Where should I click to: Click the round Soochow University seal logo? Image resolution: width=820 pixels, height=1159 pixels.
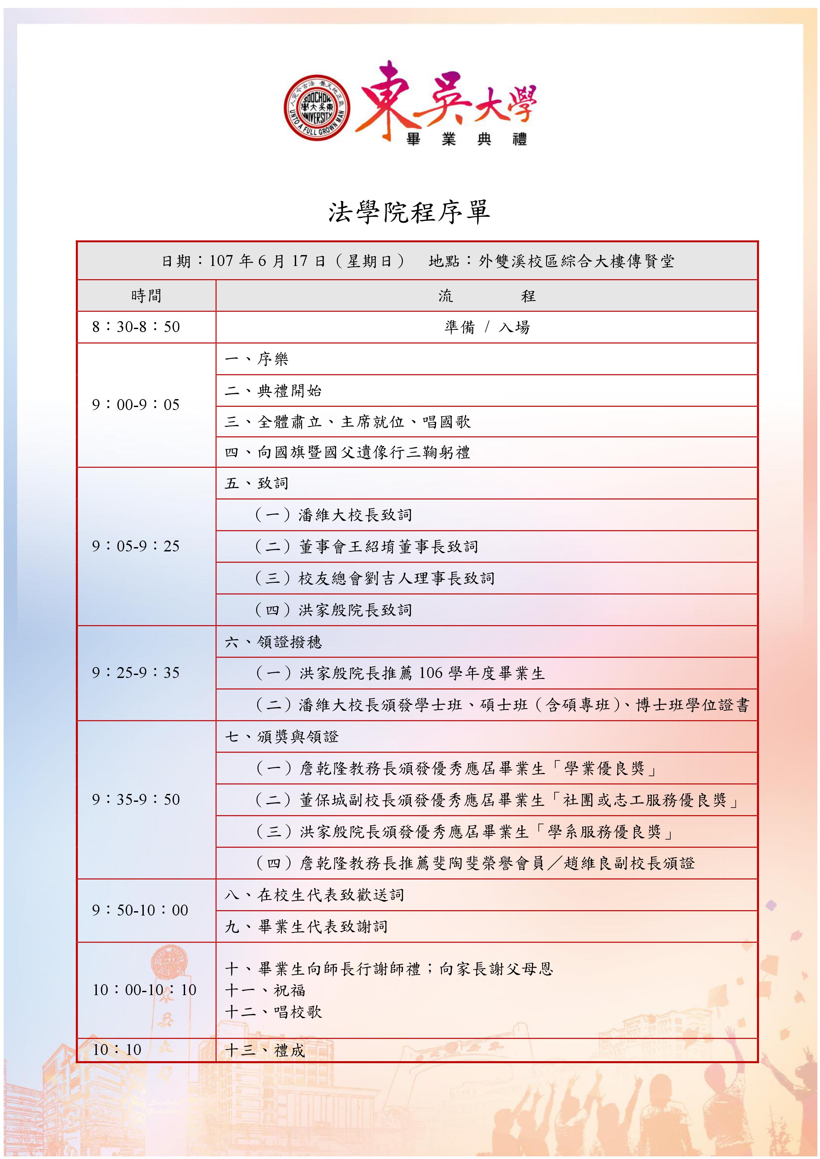pyautogui.click(x=317, y=106)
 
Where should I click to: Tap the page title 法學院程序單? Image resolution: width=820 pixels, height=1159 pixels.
pyautogui.click(x=410, y=212)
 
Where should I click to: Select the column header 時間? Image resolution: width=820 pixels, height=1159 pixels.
pyautogui.click(x=146, y=296)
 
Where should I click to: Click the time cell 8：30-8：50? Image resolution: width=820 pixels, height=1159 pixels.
pyautogui.click(x=136, y=327)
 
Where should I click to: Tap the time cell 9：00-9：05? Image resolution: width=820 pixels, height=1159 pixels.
pyautogui.click(x=136, y=405)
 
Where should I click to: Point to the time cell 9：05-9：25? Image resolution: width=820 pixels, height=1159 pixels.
pyautogui.click(x=136, y=546)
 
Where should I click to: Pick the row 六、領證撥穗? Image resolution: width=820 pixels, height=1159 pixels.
pyautogui.click(x=273, y=642)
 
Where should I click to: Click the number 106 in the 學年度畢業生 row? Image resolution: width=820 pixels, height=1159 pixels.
pyautogui.click(x=431, y=673)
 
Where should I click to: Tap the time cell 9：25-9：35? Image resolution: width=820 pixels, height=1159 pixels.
pyautogui.click(x=136, y=673)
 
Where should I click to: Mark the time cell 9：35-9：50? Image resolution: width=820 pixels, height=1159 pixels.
pyautogui.click(x=136, y=800)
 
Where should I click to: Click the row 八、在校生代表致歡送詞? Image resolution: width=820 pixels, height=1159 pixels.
pyautogui.click(x=314, y=895)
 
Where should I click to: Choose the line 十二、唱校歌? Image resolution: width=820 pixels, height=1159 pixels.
pyautogui.click(x=273, y=1012)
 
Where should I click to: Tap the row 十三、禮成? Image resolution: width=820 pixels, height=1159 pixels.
pyautogui.click(x=265, y=1051)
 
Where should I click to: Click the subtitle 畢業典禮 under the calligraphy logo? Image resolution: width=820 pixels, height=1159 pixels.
pyautogui.click(x=467, y=139)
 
